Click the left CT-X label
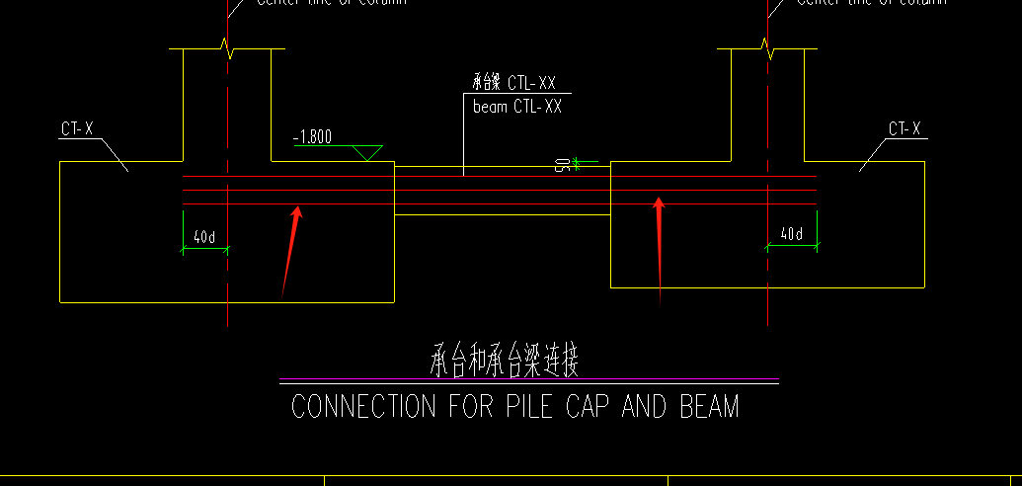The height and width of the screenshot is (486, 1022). (77, 129)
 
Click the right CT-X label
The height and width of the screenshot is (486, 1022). (904, 129)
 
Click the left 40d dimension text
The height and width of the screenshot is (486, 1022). (204, 237)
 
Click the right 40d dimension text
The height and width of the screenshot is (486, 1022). (791, 234)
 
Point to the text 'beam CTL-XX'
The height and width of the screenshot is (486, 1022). (517, 107)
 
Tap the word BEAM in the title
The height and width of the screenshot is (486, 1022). (709, 407)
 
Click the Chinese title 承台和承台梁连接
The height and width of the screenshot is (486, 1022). (505, 362)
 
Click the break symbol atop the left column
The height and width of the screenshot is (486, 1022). (228, 46)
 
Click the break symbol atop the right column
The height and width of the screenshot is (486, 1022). (766, 46)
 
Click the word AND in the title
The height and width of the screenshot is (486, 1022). (647, 407)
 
